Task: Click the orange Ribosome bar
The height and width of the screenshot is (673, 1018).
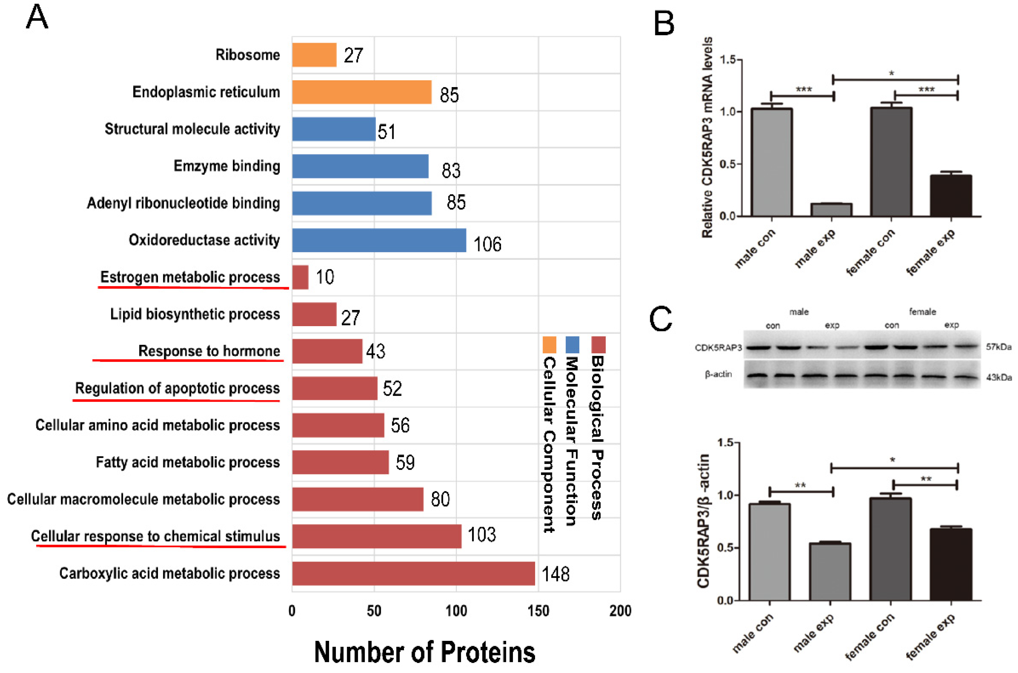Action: tap(314, 55)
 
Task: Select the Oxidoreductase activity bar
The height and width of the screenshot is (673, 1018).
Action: tap(379, 240)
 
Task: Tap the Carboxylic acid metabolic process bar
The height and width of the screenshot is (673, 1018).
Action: tap(413, 573)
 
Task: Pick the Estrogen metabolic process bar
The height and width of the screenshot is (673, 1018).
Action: tap(300, 277)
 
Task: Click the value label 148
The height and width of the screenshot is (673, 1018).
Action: tap(555, 574)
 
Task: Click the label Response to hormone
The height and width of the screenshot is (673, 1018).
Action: tap(209, 351)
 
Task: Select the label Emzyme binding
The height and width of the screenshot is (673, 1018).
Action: tap(227, 166)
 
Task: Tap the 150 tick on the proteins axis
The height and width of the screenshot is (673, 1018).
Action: tap(538, 611)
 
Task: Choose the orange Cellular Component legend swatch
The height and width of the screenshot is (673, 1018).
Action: tap(549, 345)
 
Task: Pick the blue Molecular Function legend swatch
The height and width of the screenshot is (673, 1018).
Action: tap(573, 345)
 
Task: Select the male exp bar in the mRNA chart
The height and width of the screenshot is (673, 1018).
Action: tap(831, 210)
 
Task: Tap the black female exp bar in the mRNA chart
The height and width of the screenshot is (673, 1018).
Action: tap(951, 195)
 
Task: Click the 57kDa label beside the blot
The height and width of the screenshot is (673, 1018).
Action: tap(998, 347)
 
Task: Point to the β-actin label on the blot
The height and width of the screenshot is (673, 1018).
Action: tap(718, 374)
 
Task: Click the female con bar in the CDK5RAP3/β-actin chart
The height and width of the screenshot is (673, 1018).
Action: tap(891, 549)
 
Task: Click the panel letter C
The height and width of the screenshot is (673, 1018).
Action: tap(661, 319)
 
